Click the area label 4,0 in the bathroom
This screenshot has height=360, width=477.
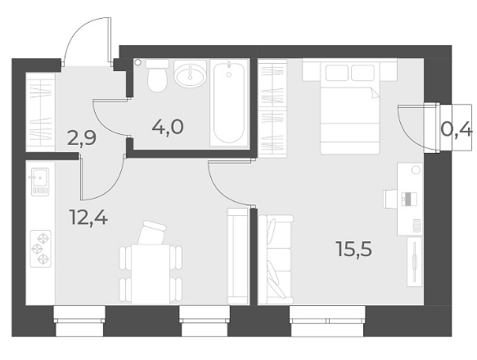tap(168, 127)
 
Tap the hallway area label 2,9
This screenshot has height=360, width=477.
tap(82, 138)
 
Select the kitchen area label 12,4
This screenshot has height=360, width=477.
tap(88, 218)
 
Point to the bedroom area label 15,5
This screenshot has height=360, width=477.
tap(353, 249)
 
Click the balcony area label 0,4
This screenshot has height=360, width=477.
tap(457, 130)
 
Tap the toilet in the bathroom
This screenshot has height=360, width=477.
tap(157, 75)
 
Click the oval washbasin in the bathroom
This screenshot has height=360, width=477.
tap(190, 74)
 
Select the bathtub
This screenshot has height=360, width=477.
tap(229, 102)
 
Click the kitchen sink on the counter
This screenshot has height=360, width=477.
tap(39, 182)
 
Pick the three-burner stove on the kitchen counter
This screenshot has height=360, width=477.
tap(40, 249)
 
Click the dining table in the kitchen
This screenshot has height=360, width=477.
tap(151, 274)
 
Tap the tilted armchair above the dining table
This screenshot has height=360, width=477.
tap(152, 232)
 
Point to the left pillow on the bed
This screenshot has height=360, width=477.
tap(337, 73)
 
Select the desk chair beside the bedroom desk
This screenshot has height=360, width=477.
tap(390, 199)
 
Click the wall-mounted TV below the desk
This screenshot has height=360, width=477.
tap(414, 262)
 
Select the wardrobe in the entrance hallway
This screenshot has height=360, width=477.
tap(40, 112)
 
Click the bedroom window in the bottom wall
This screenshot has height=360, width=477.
tap(327, 321)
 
